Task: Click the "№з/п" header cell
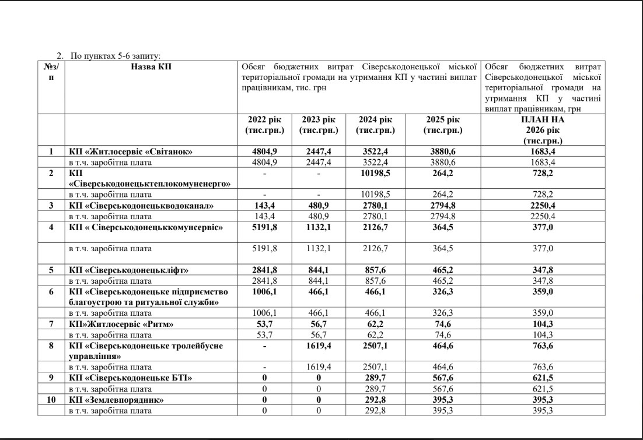pyautogui.click(x=51, y=72)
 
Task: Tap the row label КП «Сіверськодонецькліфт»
pyautogui.click(x=129, y=270)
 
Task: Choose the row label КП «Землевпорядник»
pyautogui.click(x=116, y=400)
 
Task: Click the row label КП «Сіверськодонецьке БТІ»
pyautogui.click(x=130, y=378)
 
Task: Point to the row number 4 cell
pyautogui.click(x=51, y=227)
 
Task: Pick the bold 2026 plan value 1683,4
pyautogui.click(x=543, y=152)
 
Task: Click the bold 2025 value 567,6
pyautogui.click(x=443, y=378)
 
